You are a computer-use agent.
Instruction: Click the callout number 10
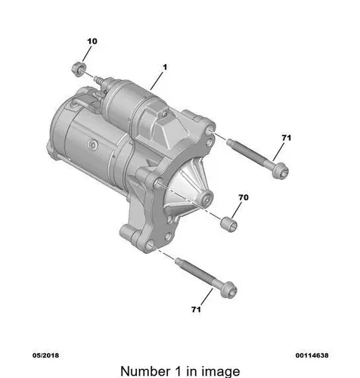pos(92,42)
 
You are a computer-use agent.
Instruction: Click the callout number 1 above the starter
pos(165,67)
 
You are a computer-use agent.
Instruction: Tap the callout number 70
pos(244,197)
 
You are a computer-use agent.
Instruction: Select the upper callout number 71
pos(287,138)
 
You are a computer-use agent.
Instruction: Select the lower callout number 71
pos(196,309)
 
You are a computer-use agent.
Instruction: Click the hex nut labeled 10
pos(79,69)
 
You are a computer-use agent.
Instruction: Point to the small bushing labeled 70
pos(228,224)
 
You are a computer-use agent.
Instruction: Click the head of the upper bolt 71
pos(281,171)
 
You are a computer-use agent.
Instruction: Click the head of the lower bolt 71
pos(228,290)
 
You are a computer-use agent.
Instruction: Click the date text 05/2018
pos(45,355)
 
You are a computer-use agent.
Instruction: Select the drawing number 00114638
pos(312,355)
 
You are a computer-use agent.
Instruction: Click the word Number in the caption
pos(145,371)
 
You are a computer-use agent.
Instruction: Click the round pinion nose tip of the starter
pos(206,198)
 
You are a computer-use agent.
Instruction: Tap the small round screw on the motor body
pos(92,144)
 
